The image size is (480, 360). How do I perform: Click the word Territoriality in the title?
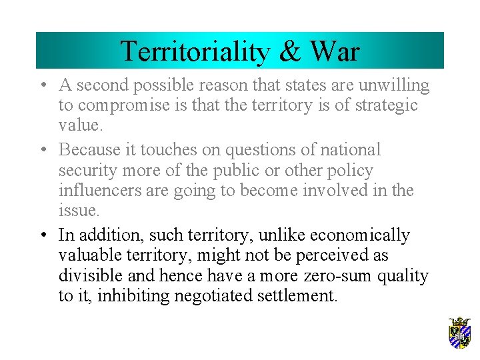coord(190,51)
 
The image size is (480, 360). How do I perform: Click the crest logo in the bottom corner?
coord(459,333)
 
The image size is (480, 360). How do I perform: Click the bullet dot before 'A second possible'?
coord(42,86)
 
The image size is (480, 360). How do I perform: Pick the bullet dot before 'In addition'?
coord(42,236)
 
